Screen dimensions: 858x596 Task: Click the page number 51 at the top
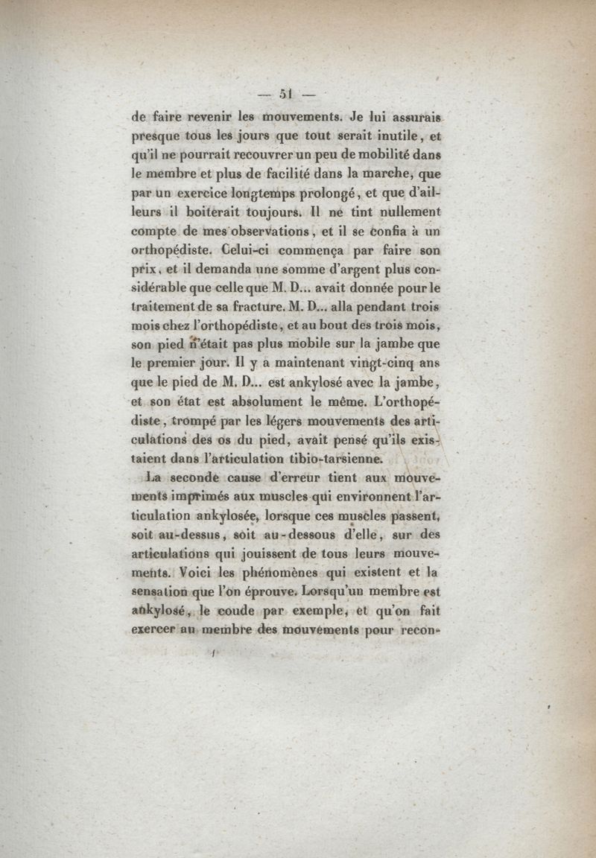(285, 94)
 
